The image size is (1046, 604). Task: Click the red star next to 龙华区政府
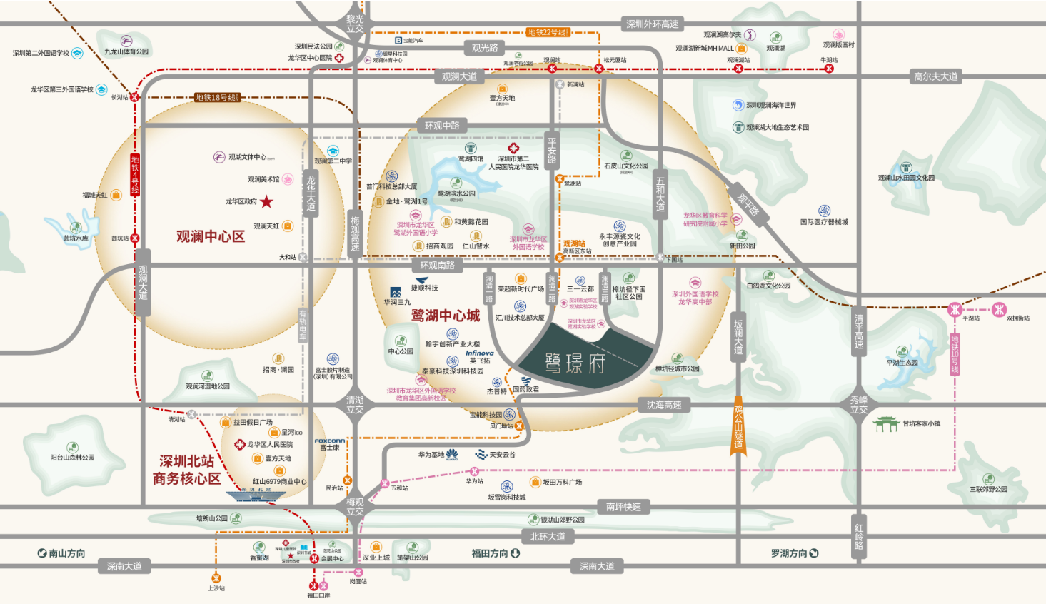(x=266, y=201)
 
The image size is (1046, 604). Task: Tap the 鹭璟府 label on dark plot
(x=575, y=363)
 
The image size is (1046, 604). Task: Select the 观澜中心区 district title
(x=211, y=236)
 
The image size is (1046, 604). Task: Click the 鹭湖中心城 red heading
(x=446, y=316)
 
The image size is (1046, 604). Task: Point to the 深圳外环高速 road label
(x=652, y=24)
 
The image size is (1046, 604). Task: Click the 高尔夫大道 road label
(x=935, y=76)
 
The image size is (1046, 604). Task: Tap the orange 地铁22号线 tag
(x=548, y=32)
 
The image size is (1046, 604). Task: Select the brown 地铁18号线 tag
(x=216, y=97)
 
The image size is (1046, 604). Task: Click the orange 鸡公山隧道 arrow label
(x=738, y=427)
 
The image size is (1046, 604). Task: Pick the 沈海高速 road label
(x=663, y=405)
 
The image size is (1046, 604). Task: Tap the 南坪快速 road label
(x=623, y=507)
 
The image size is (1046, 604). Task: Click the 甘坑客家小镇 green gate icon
(x=886, y=424)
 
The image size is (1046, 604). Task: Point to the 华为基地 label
(x=431, y=455)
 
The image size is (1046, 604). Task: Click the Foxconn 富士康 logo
(x=329, y=444)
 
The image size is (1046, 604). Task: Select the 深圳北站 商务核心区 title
(x=186, y=470)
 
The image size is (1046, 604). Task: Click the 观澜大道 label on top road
(x=459, y=76)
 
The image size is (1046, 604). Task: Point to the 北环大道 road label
(x=548, y=536)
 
